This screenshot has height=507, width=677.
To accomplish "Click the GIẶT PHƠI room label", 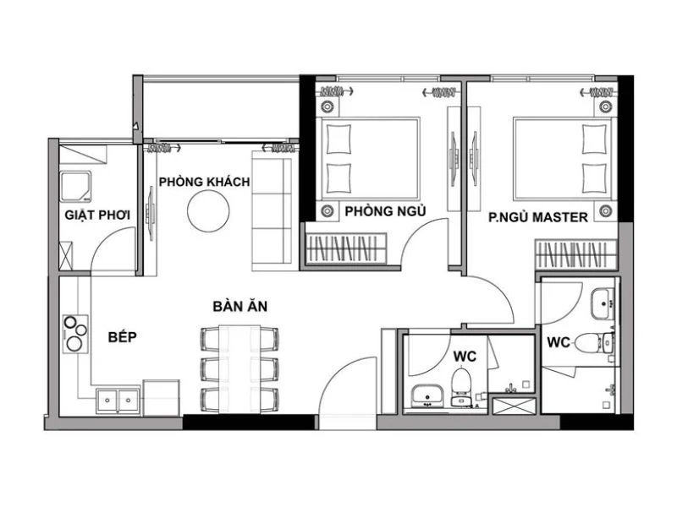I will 97,215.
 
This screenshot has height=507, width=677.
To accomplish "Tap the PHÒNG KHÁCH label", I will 203,181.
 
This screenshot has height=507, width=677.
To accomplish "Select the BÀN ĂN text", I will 240,306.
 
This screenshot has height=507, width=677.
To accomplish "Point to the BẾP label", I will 123,336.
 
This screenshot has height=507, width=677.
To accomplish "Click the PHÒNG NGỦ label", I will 385,210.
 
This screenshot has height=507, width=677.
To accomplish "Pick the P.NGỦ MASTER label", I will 538,217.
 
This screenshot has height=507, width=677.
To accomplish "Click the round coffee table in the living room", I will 207,210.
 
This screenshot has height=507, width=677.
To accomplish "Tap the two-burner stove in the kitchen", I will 74,333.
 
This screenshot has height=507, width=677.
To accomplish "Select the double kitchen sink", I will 118,398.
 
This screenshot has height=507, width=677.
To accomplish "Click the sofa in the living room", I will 271,207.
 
